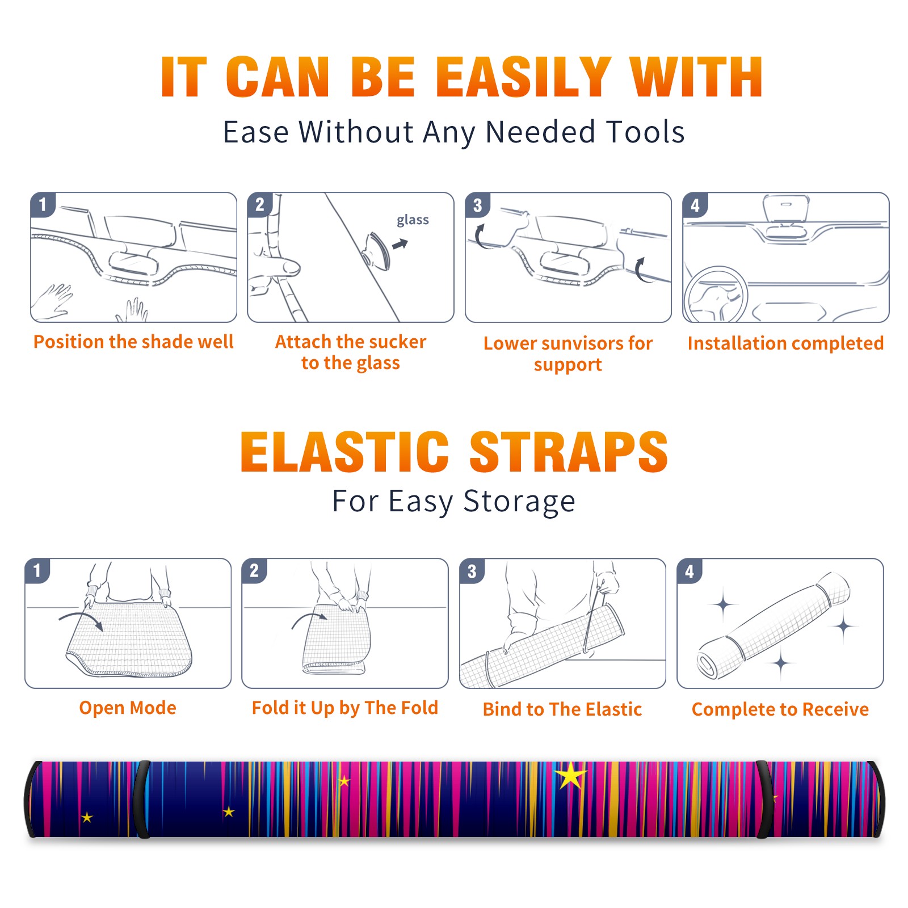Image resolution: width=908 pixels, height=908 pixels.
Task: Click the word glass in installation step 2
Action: tap(413, 220)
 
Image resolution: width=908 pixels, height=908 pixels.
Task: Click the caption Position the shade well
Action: tap(133, 342)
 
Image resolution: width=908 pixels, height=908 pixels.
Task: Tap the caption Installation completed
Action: tap(785, 343)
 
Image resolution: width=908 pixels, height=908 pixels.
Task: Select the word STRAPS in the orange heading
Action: tap(569, 452)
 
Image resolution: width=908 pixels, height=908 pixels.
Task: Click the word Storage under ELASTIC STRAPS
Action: tap(519, 502)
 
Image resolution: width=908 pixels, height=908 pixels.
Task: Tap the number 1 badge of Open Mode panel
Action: tap(37, 571)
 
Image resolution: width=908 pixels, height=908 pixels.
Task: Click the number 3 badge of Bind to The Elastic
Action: tap(472, 571)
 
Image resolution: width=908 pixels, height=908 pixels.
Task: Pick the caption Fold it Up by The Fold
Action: tap(345, 708)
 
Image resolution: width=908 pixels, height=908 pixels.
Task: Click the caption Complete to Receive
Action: tap(780, 709)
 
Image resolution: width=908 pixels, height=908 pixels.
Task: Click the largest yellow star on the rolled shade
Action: tap(570, 776)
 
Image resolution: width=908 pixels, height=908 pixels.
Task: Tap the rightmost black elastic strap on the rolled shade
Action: tap(764, 799)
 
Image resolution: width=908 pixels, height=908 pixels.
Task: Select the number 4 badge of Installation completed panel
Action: tap(695, 205)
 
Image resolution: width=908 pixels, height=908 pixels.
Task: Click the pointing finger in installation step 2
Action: tap(278, 267)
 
